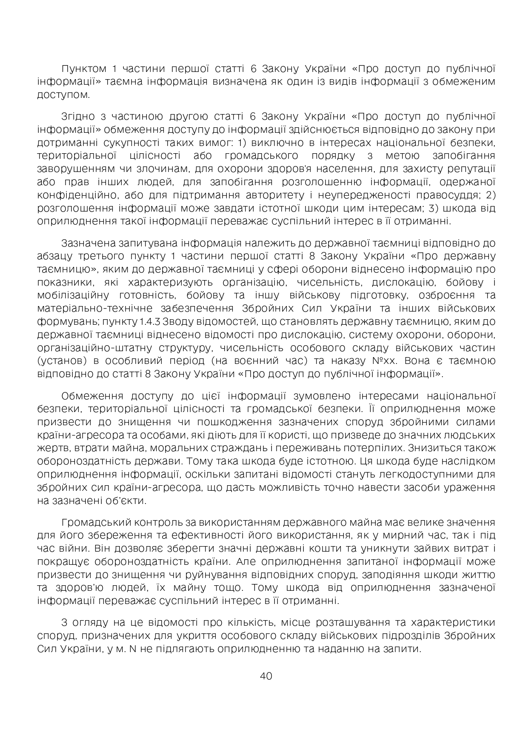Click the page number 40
tap(265, 676)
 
